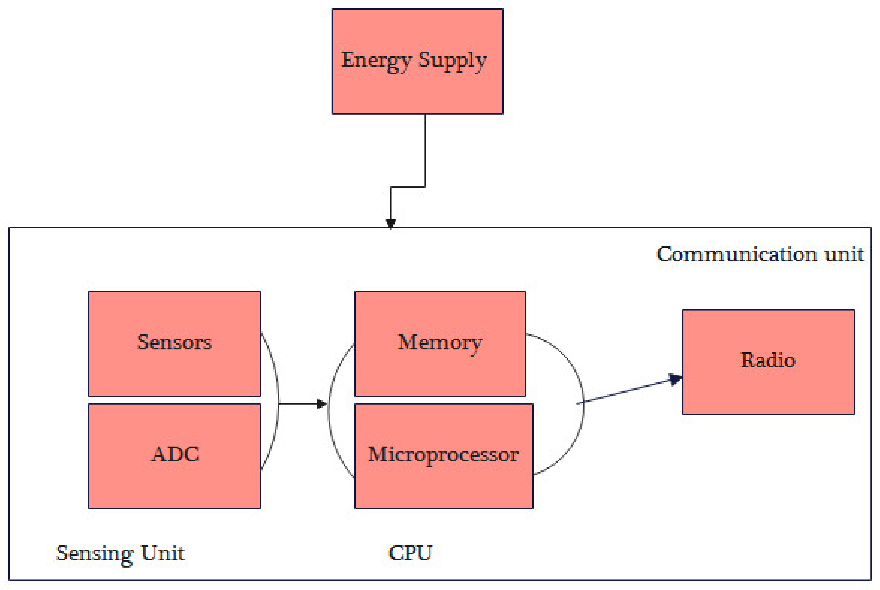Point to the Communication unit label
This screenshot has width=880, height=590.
tap(760, 254)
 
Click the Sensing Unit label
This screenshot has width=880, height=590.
tap(120, 553)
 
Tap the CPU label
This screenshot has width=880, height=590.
tap(410, 553)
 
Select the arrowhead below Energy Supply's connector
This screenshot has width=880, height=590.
tap(391, 223)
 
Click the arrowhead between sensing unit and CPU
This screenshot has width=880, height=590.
tap(321, 404)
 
